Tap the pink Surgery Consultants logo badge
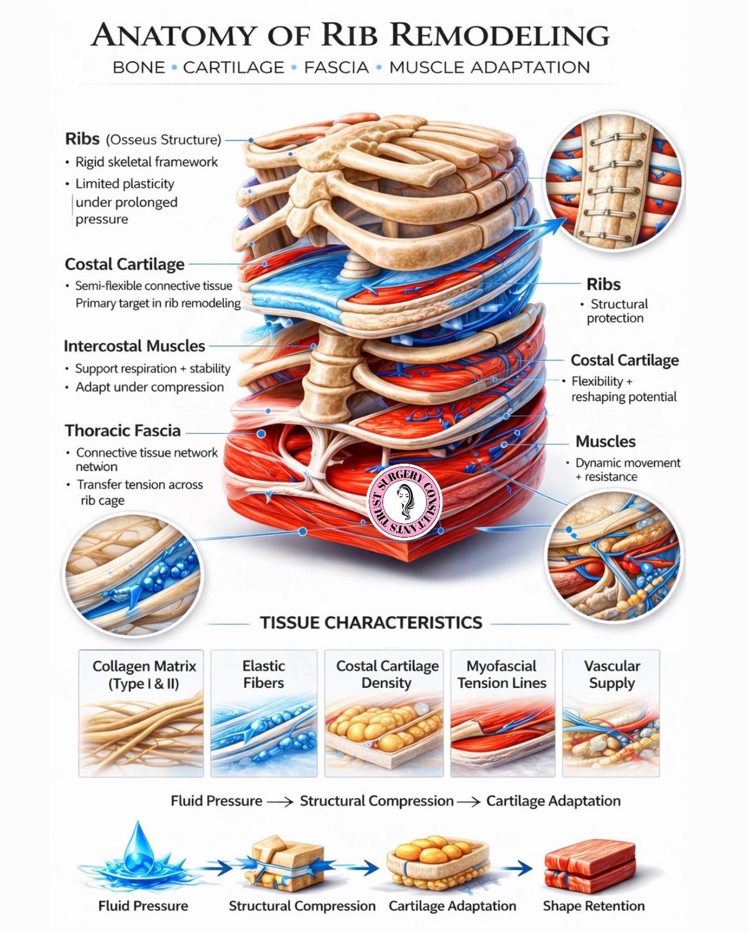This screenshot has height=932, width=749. pyautogui.click(x=405, y=501)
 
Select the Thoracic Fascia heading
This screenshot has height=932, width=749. pyautogui.click(x=123, y=431)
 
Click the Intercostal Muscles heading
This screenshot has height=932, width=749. pyautogui.click(x=134, y=346)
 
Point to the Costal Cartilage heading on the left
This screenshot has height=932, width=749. pyautogui.click(x=124, y=264)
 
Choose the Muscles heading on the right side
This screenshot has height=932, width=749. pyautogui.click(x=605, y=442)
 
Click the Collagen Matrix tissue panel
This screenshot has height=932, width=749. pyautogui.click(x=141, y=713)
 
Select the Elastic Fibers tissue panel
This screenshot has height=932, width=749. pyautogui.click(x=264, y=713)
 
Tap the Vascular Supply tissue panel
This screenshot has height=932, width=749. pyautogui.click(x=611, y=713)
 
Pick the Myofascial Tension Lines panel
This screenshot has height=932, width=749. pyautogui.click(x=502, y=713)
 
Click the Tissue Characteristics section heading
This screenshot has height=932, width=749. pyautogui.click(x=371, y=623)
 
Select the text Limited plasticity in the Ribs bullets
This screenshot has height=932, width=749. pyautogui.click(x=125, y=184)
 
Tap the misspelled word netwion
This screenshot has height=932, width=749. pyautogui.click(x=97, y=467)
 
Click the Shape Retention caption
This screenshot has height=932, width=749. pyautogui.click(x=593, y=906)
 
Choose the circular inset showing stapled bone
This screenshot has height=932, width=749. pyautogui.click(x=614, y=182)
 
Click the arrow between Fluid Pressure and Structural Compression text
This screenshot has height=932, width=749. pyautogui.click(x=280, y=801)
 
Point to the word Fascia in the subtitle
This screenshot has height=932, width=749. pyautogui.click(x=337, y=68)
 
